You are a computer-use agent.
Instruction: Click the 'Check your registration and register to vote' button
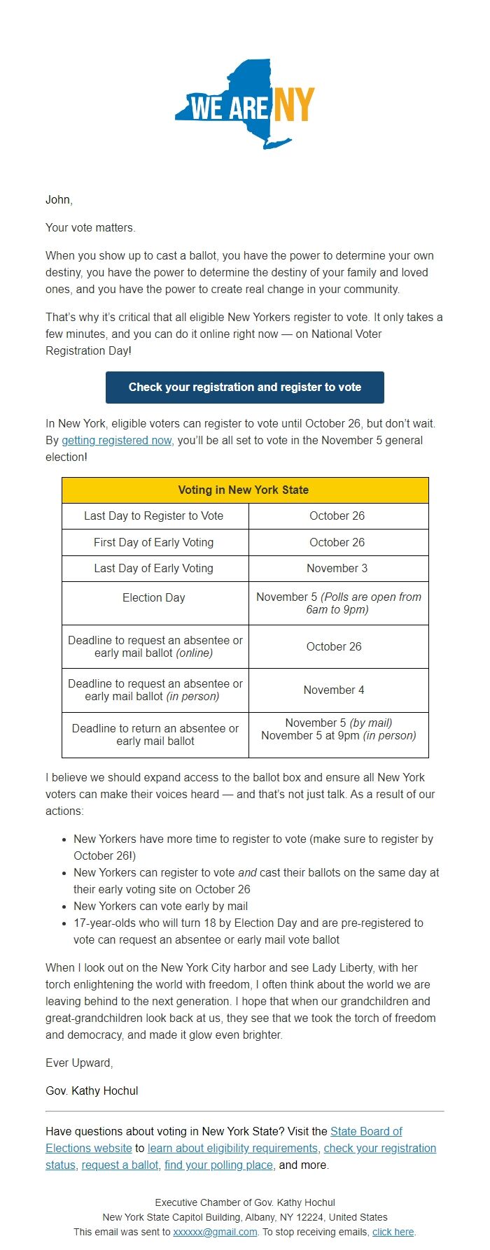click(x=244, y=387)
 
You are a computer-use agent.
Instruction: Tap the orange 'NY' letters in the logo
click(x=293, y=105)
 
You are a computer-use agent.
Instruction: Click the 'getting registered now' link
click(x=116, y=440)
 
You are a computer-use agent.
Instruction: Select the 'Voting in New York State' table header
click(x=244, y=490)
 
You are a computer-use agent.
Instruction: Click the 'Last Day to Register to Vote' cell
click(x=154, y=516)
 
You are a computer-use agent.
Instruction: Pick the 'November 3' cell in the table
click(x=337, y=568)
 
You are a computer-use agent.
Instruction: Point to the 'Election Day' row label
click(x=154, y=597)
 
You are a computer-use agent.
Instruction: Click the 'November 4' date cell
click(x=334, y=690)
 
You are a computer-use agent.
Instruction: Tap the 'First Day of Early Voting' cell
click(x=154, y=542)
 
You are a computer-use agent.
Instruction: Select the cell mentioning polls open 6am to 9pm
click(x=338, y=603)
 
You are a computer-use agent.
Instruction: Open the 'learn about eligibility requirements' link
click(x=232, y=1148)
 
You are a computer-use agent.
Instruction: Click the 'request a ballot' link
click(x=120, y=1165)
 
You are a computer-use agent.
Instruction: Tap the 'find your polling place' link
click(x=218, y=1165)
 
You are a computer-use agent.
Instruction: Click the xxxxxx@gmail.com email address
click(x=215, y=1232)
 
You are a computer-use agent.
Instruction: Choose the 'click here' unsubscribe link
click(x=393, y=1232)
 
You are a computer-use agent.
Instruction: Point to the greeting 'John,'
click(x=59, y=199)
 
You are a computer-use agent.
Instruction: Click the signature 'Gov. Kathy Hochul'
click(x=92, y=1091)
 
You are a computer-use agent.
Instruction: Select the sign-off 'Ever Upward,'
click(x=79, y=1063)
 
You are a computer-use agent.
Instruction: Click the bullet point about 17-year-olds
click(x=248, y=931)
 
